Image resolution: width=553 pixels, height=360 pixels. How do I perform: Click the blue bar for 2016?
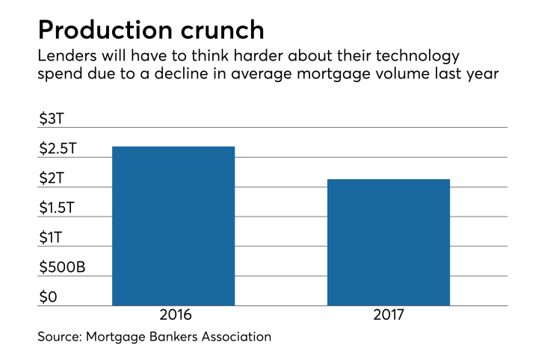coord(173,226)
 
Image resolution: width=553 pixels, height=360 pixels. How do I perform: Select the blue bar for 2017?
coord(389,242)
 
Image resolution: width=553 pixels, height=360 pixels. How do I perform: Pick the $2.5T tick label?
coord(58,149)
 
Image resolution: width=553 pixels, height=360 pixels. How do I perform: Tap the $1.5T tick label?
coord(58,208)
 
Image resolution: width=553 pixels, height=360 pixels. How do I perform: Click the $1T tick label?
coord(52,238)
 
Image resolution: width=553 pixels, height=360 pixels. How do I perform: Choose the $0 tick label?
coord(47,297)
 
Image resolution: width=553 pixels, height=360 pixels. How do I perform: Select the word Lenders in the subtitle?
coord(65,58)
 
